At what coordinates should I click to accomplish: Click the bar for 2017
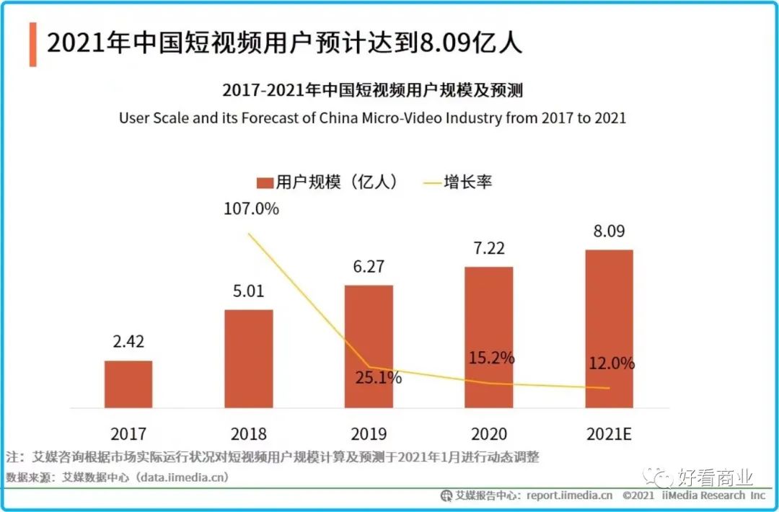pyautogui.click(x=128, y=384)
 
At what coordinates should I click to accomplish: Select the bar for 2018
pyautogui.click(x=249, y=359)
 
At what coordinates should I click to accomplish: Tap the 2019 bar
pyautogui.click(x=369, y=347)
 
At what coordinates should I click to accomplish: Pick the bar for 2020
pyautogui.click(x=489, y=337)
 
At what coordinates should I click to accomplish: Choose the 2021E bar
pyautogui.click(x=609, y=329)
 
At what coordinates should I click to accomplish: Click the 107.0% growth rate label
pyautogui.click(x=250, y=209)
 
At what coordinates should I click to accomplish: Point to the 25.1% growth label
pyautogui.click(x=377, y=377)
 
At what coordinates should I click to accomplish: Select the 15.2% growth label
pyautogui.click(x=490, y=358)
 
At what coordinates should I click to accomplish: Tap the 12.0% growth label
pyautogui.click(x=610, y=363)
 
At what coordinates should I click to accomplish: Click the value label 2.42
pyautogui.click(x=128, y=342)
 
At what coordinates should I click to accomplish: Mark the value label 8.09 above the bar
pyautogui.click(x=609, y=231)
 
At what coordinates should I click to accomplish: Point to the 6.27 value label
pyautogui.click(x=369, y=267)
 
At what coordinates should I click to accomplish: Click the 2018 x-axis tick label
pyautogui.click(x=249, y=434)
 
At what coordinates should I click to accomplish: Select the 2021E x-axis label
pyautogui.click(x=609, y=434)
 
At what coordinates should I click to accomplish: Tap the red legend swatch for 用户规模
pyautogui.click(x=265, y=182)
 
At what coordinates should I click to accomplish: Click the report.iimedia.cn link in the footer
pyautogui.click(x=569, y=495)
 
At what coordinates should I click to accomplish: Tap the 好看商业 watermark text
pyautogui.click(x=715, y=477)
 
